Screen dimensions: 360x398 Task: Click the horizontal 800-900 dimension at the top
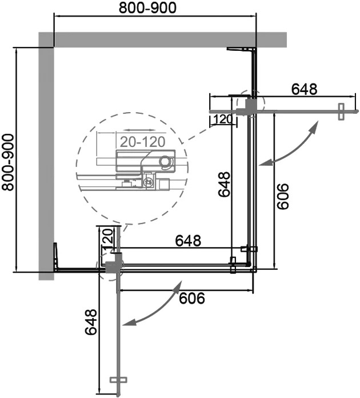tap(147, 8)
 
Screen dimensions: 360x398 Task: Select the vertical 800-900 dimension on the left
tap(7, 162)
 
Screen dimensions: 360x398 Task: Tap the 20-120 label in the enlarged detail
tap(143, 142)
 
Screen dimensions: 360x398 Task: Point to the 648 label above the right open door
tap(304, 89)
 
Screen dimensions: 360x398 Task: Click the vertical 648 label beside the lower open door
tap(91, 323)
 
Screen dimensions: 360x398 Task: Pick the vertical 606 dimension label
tap(283, 196)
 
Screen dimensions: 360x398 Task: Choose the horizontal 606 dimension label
tap(191, 298)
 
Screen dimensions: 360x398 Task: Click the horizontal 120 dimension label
tap(223, 119)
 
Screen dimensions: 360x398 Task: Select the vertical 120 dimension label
tap(107, 238)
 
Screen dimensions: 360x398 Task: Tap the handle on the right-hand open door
tap(342, 112)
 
